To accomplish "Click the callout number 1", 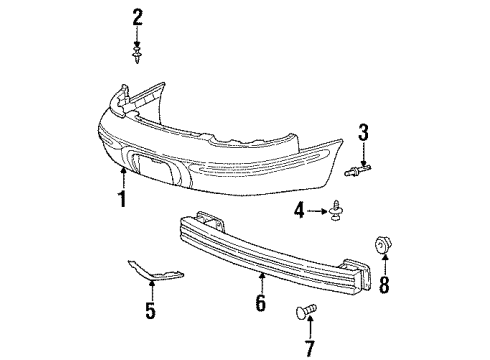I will pyautogui.click(x=121, y=198).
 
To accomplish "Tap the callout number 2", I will pyautogui.click(x=137, y=17).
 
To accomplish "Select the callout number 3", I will pyautogui.click(x=364, y=131).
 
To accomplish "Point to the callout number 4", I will pyautogui.click(x=299, y=209).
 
